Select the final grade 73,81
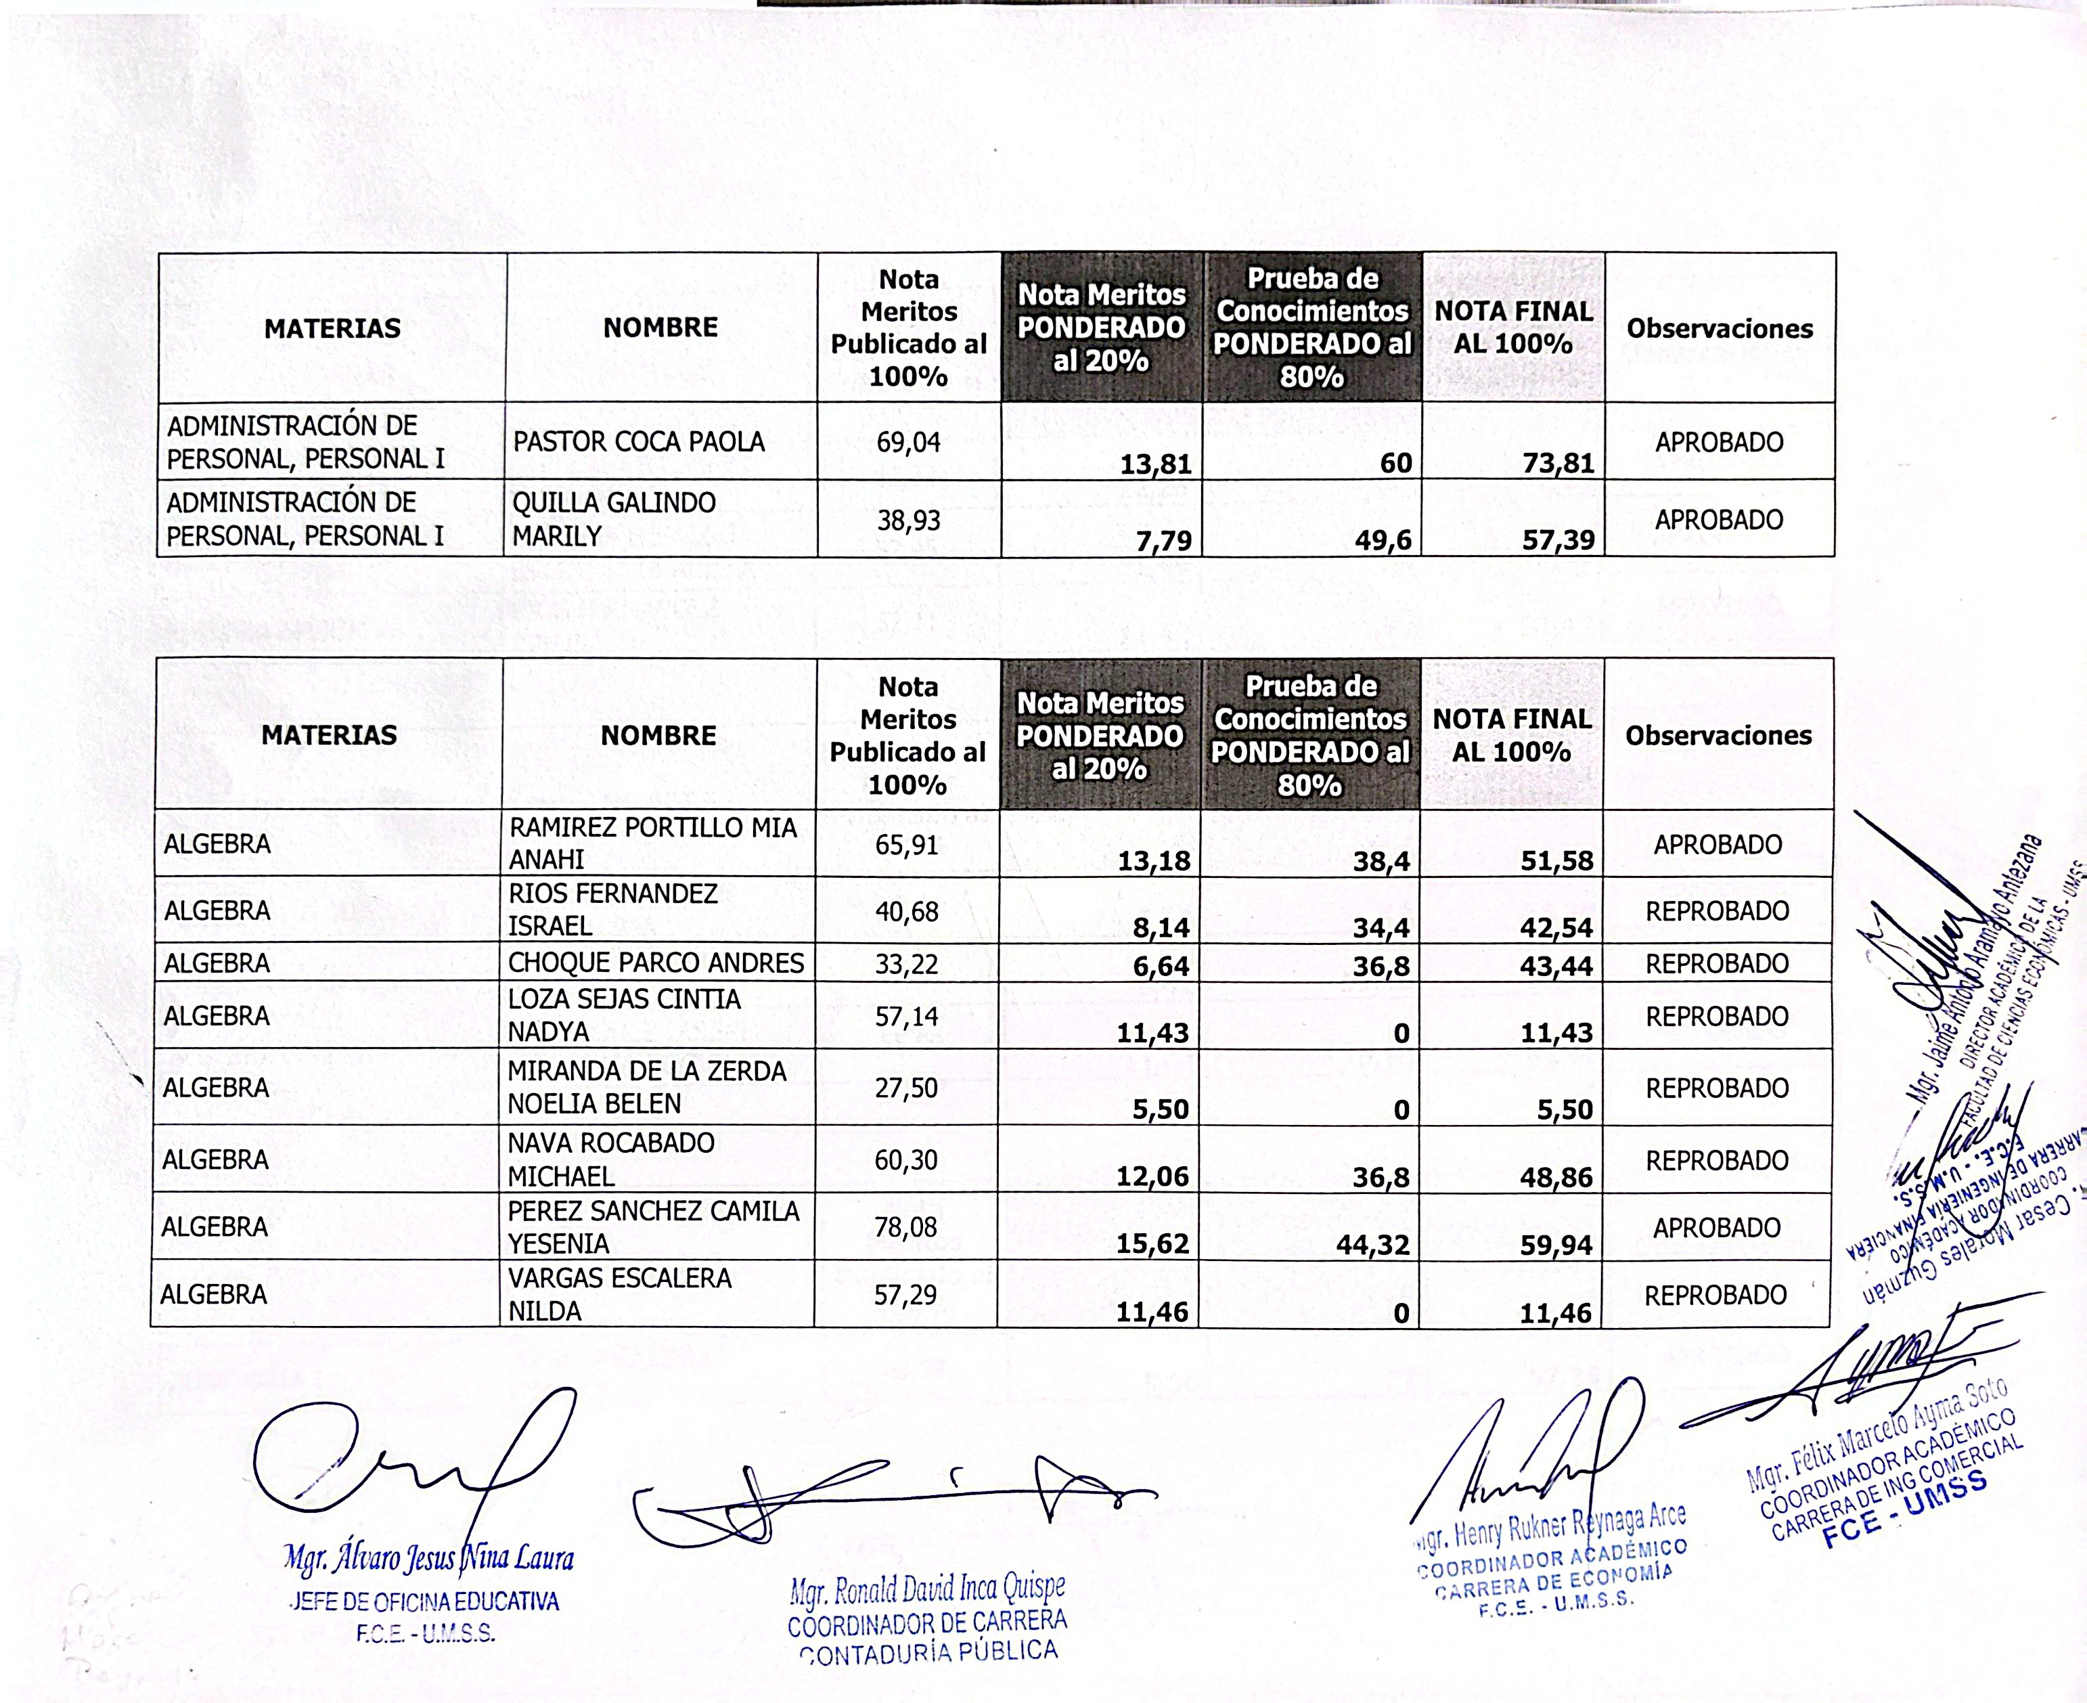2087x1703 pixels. click(1558, 463)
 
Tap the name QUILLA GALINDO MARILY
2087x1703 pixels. click(614, 519)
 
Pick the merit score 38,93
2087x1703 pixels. click(908, 520)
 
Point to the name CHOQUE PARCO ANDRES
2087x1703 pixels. click(655, 963)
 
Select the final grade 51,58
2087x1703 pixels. click(1556, 861)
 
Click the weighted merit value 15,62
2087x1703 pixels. click(1152, 1244)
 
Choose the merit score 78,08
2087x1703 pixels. click(905, 1227)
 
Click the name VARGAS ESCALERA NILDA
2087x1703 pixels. click(620, 1294)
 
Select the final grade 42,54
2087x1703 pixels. click(1556, 928)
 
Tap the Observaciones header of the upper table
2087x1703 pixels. click(1720, 329)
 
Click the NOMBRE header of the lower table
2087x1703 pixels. click(658, 736)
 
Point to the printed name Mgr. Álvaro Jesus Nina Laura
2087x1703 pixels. click(428, 1558)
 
